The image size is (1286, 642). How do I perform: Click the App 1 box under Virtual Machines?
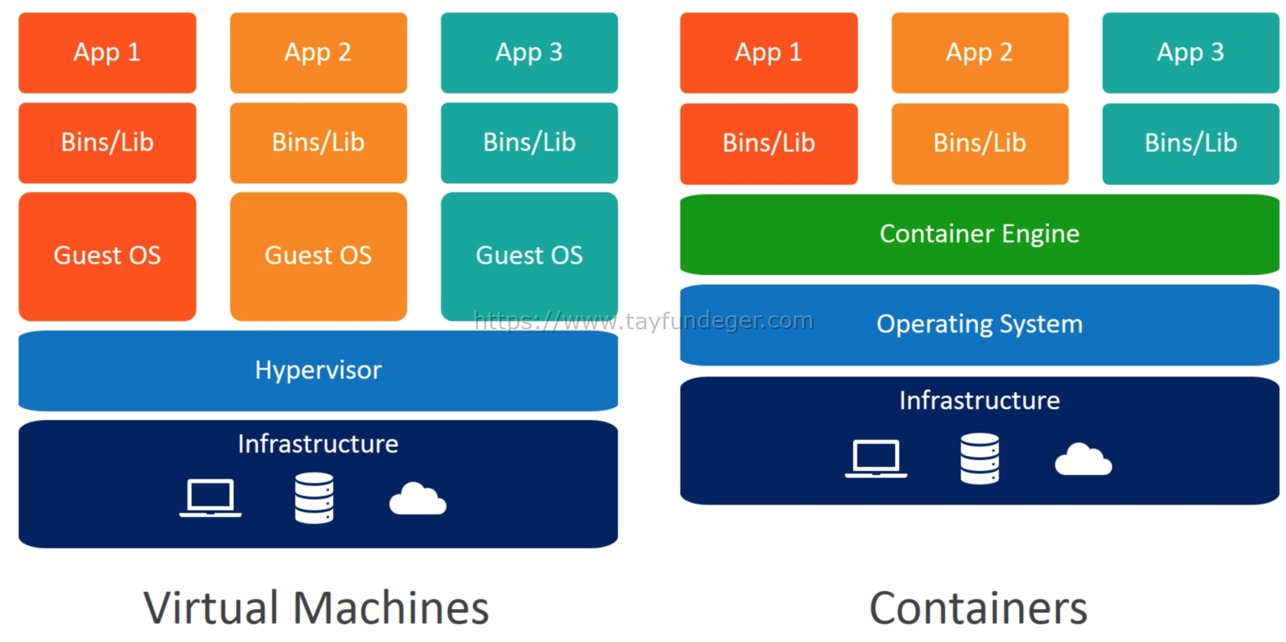pyautogui.click(x=107, y=53)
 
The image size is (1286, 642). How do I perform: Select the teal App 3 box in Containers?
pyautogui.click(x=1190, y=53)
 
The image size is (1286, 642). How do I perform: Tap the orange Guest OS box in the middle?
pyautogui.click(x=318, y=256)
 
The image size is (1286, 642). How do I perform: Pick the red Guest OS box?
pyautogui.click(x=107, y=256)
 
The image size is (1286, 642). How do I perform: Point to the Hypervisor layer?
pyautogui.click(x=318, y=370)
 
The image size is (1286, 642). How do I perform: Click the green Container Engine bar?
pyautogui.click(x=979, y=234)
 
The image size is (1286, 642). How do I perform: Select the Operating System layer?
pyautogui.click(x=979, y=324)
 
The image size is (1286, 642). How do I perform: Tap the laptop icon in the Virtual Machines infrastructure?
pyautogui.click(x=210, y=498)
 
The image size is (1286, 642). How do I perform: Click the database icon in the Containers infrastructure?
pyautogui.click(x=980, y=458)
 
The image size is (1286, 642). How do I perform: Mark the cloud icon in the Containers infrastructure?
pyautogui.click(x=1083, y=459)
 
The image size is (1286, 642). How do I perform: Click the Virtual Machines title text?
pyautogui.click(x=316, y=608)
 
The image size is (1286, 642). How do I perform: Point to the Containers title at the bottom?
pyautogui.click(x=978, y=608)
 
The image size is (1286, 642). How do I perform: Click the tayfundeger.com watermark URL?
pyautogui.click(x=643, y=321)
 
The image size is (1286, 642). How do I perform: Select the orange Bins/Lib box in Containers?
pyautogui.click(x=980, y=143)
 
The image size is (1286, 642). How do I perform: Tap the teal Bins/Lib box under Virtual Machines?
pyautogui.click(x=529, y=142)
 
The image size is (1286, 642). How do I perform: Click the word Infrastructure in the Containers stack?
pyautogui.click(x=979, y=401)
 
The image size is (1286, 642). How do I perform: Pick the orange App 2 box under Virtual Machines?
pyautogui.click(x=318, y=53)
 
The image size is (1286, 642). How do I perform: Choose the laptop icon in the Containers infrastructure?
pyautogui.click(x=876, y=458)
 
